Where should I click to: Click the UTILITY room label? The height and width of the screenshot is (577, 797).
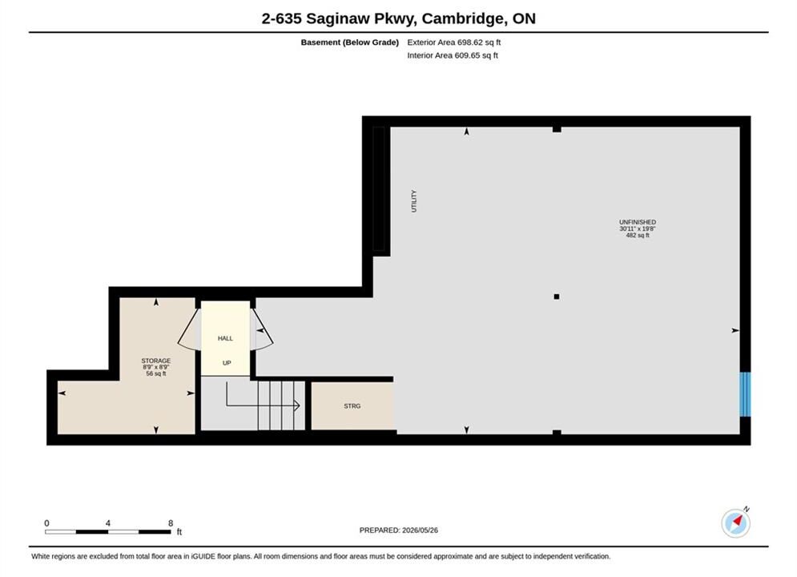414,201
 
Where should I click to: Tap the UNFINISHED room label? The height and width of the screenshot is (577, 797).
638,222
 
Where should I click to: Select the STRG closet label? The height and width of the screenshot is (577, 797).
352,406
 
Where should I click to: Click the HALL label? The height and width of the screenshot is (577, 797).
225,338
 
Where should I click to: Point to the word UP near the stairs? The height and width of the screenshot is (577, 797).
227,363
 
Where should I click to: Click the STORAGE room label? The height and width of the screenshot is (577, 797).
156,361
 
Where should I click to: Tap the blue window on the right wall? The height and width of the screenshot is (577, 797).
745,394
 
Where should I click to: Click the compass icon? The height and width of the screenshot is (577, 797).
735,523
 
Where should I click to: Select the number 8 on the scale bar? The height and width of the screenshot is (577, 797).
171,523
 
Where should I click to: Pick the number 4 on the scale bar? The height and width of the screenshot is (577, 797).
108,523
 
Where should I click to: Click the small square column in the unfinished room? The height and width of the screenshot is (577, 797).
557,297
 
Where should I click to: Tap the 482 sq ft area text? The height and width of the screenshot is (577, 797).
638,236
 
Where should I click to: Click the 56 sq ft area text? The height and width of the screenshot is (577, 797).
156,373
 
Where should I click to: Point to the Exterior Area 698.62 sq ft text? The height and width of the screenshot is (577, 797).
454,42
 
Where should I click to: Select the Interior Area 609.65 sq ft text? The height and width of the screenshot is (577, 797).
453,55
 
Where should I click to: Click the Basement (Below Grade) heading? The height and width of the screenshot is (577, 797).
350,42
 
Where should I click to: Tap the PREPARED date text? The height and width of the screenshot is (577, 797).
399,531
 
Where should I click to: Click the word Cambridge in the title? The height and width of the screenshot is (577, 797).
463,18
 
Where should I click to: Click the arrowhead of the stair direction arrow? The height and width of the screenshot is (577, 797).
297,406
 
